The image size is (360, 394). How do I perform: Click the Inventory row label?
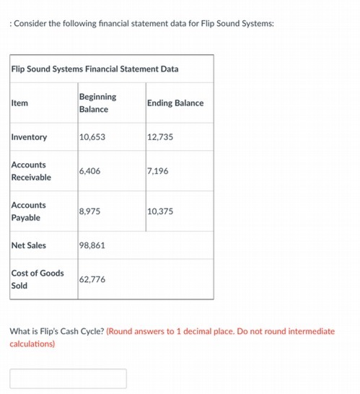click(x=29, y=137)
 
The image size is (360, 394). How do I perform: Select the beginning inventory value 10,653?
click(x=92, y=137)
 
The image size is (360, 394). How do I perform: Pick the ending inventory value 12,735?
click(x=160, y=137)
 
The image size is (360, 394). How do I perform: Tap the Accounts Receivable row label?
click(x=31, y=171)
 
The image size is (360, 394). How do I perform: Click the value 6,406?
click(x=89, y=171)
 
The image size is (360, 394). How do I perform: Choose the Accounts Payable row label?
click(x=28, y=211)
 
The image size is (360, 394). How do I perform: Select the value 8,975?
click(x=89, y=211)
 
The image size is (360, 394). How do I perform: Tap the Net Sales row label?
click(x=29, y=245)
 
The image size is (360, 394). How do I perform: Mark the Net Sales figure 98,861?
click(x=92, y=245)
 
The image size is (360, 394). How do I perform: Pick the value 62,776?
click(x=92, y=279)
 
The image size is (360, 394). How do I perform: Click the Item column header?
click(x=19, y=103)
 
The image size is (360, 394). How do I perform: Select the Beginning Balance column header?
click(x=97, y=102)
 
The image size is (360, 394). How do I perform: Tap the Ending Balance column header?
click(x=175, y=103)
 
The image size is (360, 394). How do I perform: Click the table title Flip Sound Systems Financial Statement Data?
click(x=95, y=69)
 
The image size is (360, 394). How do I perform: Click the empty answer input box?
click(x=68, y=378)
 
